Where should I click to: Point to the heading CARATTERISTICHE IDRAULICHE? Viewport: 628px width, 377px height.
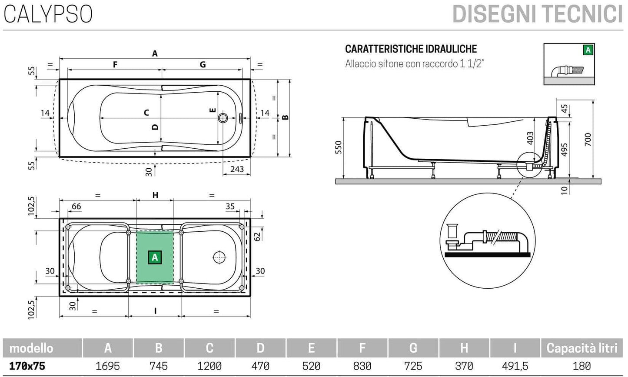[x=411, y=49]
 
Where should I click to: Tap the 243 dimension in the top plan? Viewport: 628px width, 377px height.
[x=237, y=169]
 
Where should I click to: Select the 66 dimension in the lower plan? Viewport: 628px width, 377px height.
[x=76, y=206]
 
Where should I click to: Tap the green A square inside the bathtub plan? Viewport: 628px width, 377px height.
[x=154, y=257]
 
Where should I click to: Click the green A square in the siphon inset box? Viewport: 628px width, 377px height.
[x=588, y=50]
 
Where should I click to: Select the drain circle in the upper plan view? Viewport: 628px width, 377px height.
[x=223, y=117]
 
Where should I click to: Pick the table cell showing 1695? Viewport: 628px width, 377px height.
[x=107, y=366]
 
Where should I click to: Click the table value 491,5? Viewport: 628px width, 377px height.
[x=515, y=366]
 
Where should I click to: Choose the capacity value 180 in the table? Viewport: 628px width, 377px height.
[x=581, y=366]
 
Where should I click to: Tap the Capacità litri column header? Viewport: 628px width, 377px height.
[x=581, y=348]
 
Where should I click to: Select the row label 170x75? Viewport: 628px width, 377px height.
[x=27, y=366]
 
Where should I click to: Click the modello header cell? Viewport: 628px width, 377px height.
[x=31, y=348]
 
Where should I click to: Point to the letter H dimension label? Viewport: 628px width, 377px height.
[x=155, y=195]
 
